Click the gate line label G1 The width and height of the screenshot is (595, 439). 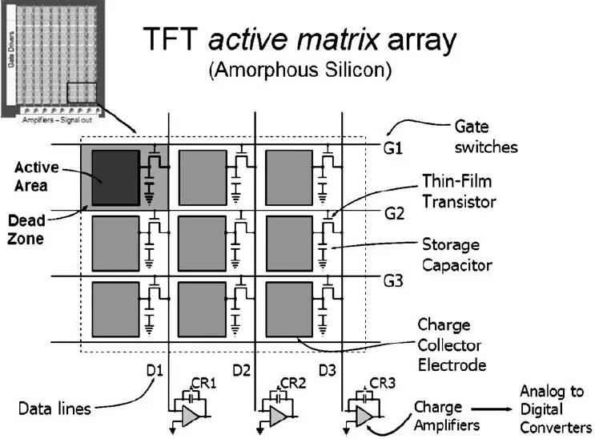[x=394, y=148]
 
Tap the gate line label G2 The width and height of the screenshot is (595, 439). [x=395, y=215]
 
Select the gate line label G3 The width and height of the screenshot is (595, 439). [x=395, y=281]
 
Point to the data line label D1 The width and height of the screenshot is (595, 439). [x=155, y=370]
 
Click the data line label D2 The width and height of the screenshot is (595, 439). [x=241, y=370]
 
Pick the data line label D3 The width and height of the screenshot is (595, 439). [x=328, y=370]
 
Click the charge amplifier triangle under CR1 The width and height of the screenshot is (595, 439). [x=189, y=415]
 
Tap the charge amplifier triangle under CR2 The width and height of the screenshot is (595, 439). [x=276, y=415]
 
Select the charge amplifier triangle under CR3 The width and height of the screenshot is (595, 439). [x=363, y=415]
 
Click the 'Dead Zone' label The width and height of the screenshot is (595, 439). [x=26, y=228]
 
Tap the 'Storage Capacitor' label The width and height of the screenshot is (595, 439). [x=457, y=254]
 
